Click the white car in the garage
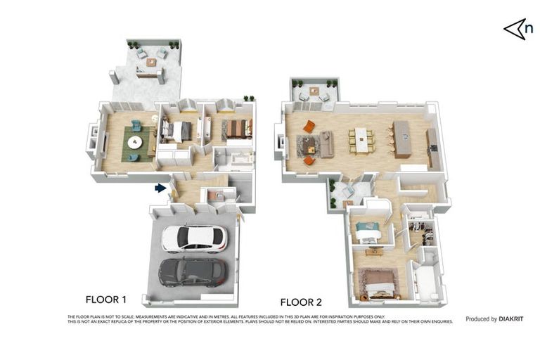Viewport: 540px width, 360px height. click(194, 239)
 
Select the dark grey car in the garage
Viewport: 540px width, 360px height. click(193, 271)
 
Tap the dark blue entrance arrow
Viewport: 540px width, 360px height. click(161, 188)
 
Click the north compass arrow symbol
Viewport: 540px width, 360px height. click(517, 29)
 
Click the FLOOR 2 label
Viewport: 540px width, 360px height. click(301, 302)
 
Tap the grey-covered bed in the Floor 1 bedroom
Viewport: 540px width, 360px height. click(177, 131)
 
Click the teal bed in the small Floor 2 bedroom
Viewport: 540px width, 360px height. click(367, 227)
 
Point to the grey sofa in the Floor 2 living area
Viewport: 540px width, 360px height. click(326, 143)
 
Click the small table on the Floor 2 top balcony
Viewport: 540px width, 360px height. click(314, 91)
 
